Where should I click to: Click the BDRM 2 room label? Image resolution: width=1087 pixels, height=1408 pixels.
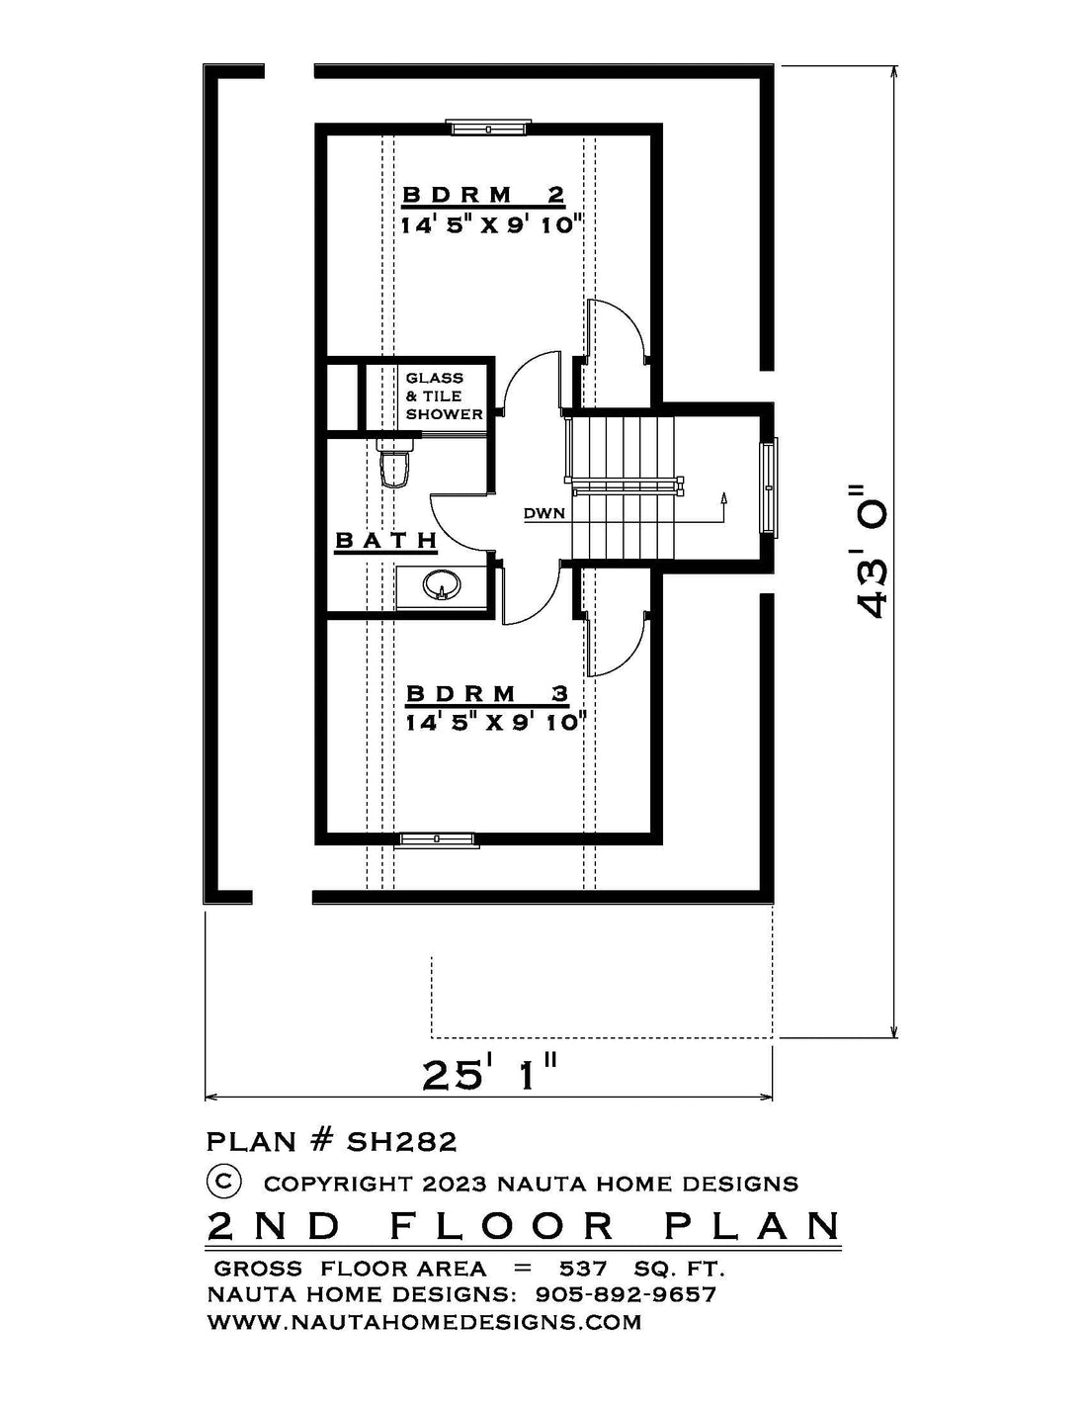point(483,195)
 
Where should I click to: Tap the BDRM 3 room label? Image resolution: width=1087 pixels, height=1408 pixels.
point(487,693)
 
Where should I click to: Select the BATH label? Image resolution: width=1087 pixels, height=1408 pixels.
point(385,540)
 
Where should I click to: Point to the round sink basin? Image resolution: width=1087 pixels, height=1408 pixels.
point(442,585)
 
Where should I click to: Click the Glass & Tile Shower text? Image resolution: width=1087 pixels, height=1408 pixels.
point(444,396)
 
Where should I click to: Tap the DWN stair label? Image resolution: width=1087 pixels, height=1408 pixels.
point(543,514)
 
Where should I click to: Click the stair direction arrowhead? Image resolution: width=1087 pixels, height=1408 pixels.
point(723,497)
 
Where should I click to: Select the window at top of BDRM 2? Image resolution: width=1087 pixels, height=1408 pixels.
point(491,128)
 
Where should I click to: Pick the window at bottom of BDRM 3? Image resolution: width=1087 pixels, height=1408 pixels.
point(439,840)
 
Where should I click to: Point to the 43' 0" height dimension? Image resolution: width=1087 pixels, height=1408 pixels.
point(870,550)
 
